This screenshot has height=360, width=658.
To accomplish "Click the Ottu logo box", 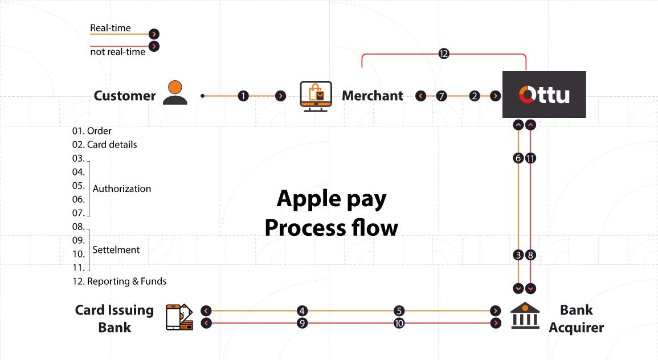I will coord(543,95).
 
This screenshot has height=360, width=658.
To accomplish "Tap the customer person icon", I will coord(175,93).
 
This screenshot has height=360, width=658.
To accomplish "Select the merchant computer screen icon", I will coord(316,96).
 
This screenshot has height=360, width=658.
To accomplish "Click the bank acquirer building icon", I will coord(525,316).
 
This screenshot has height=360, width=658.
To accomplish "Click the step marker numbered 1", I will coord(243,96).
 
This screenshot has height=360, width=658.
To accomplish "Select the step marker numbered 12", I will coord(444,54).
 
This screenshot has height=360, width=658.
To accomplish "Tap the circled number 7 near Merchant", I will coord(442,96).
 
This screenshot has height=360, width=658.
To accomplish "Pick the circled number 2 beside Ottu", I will coord(475,96).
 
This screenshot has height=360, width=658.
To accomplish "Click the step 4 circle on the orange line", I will coord(302,311).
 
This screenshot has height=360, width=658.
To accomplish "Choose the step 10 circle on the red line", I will coord(399,323).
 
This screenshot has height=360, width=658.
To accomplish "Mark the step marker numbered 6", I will coord(518,158).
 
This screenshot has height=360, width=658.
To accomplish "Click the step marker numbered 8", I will coord(530,255).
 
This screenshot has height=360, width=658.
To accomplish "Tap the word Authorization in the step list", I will coord(122,189).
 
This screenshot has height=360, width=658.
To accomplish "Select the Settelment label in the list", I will coord(116,249).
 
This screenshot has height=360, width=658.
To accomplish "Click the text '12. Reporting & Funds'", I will coord(119,281).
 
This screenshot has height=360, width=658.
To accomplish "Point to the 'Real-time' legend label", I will coord(111,28).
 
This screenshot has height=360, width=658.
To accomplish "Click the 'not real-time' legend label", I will coord(118,52).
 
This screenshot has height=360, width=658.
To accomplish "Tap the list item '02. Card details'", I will coord(104,145).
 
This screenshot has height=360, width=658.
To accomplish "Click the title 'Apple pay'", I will coord(331,199).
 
